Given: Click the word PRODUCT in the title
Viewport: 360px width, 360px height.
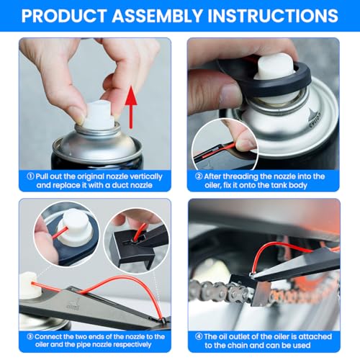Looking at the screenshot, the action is pos(64,16).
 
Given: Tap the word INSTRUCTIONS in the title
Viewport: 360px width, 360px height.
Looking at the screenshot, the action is pos(273,16).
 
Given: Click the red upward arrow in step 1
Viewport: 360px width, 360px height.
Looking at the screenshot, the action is pos(131,107).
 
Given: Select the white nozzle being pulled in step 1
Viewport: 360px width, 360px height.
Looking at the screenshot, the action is pos(99,114).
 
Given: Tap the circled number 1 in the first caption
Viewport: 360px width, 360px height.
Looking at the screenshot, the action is pos(30,176).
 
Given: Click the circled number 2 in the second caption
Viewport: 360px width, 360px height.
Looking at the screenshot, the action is pos(199,176).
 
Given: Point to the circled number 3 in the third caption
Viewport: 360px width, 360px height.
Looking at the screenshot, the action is pos(30,336).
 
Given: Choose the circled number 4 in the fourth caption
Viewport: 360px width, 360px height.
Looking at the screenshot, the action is pos(199,336).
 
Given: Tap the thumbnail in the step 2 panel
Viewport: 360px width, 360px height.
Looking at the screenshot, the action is pos(225,145).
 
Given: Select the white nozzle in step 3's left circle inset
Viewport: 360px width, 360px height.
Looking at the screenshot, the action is pos(75,228).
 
